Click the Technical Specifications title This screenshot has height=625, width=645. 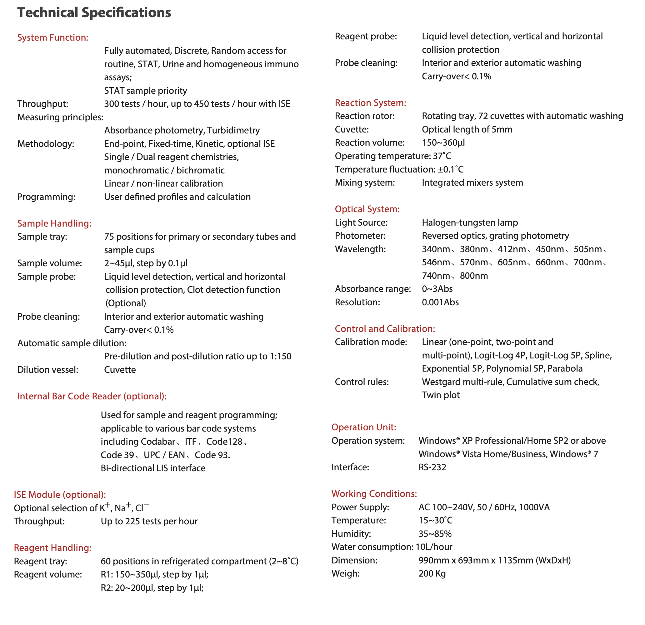pos(94,13)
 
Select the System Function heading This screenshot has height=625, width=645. pos(52,37)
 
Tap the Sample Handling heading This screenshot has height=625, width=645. pos(54,223)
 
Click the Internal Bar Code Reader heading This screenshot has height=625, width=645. pos(92,396)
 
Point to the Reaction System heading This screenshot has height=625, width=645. pos(370,103)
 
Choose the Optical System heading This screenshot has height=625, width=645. pos(367,209)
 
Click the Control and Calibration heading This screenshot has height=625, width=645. pos(385,329)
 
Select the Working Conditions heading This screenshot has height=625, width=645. pos(374,494)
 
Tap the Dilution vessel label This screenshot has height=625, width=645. pos(48,370)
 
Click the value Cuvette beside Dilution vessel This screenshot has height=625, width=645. pos(120,370)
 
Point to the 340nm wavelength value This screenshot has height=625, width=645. pos(436,249)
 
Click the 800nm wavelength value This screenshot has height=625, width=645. pos(474,276)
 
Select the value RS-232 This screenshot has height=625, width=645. pos(432,467)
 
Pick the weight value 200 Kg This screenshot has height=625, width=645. pos(432,574)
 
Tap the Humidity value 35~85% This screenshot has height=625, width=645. pos(435,534)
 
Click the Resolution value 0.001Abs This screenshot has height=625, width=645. pos(440,302)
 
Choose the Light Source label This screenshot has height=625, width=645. pos(361,223)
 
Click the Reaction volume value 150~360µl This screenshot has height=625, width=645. pos(443,143)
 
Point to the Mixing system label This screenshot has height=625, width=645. pos(365,183)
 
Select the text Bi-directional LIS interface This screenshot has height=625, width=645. pos(153,468)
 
